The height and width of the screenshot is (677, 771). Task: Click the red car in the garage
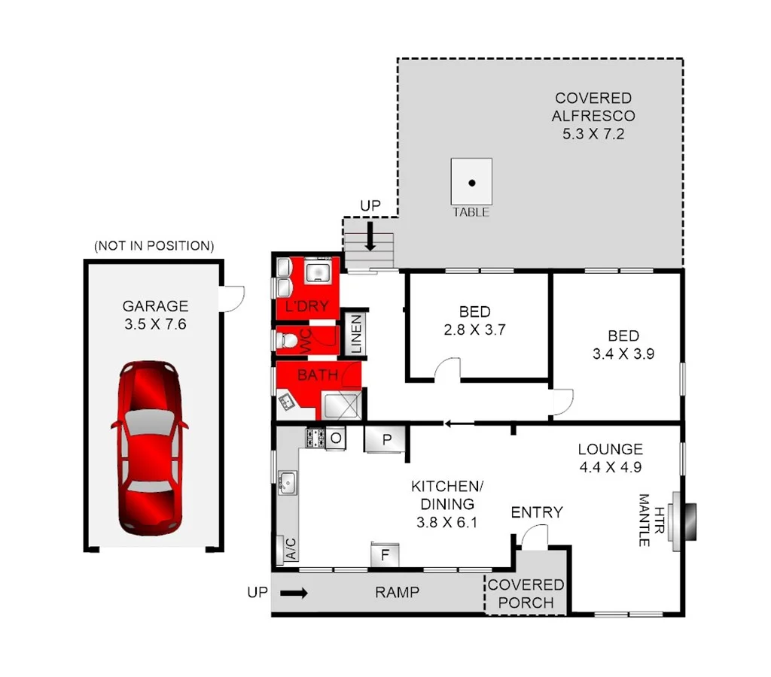click(x=149, y=447)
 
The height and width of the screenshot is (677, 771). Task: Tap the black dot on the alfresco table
click(x=471, y=183)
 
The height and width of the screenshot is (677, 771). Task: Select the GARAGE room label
click(x=155, y=306)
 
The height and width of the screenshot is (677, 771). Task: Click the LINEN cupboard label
click(x=356, y=334)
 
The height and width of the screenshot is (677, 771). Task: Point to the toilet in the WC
click(x=287, y=341)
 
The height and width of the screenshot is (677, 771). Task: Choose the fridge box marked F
click(x=385, y=555)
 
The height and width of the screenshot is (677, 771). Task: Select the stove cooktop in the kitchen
click(x=315, y=437)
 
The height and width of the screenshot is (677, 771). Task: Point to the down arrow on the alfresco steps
click(x=370, y=237)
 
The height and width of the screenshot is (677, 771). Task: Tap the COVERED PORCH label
click(x=526, y=594)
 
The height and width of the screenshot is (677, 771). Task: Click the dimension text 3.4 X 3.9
click(x=623, y=353)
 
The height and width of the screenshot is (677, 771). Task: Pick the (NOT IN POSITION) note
click(x=154, y=246)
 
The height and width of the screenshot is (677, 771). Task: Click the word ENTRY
click(x=536, y=513)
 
